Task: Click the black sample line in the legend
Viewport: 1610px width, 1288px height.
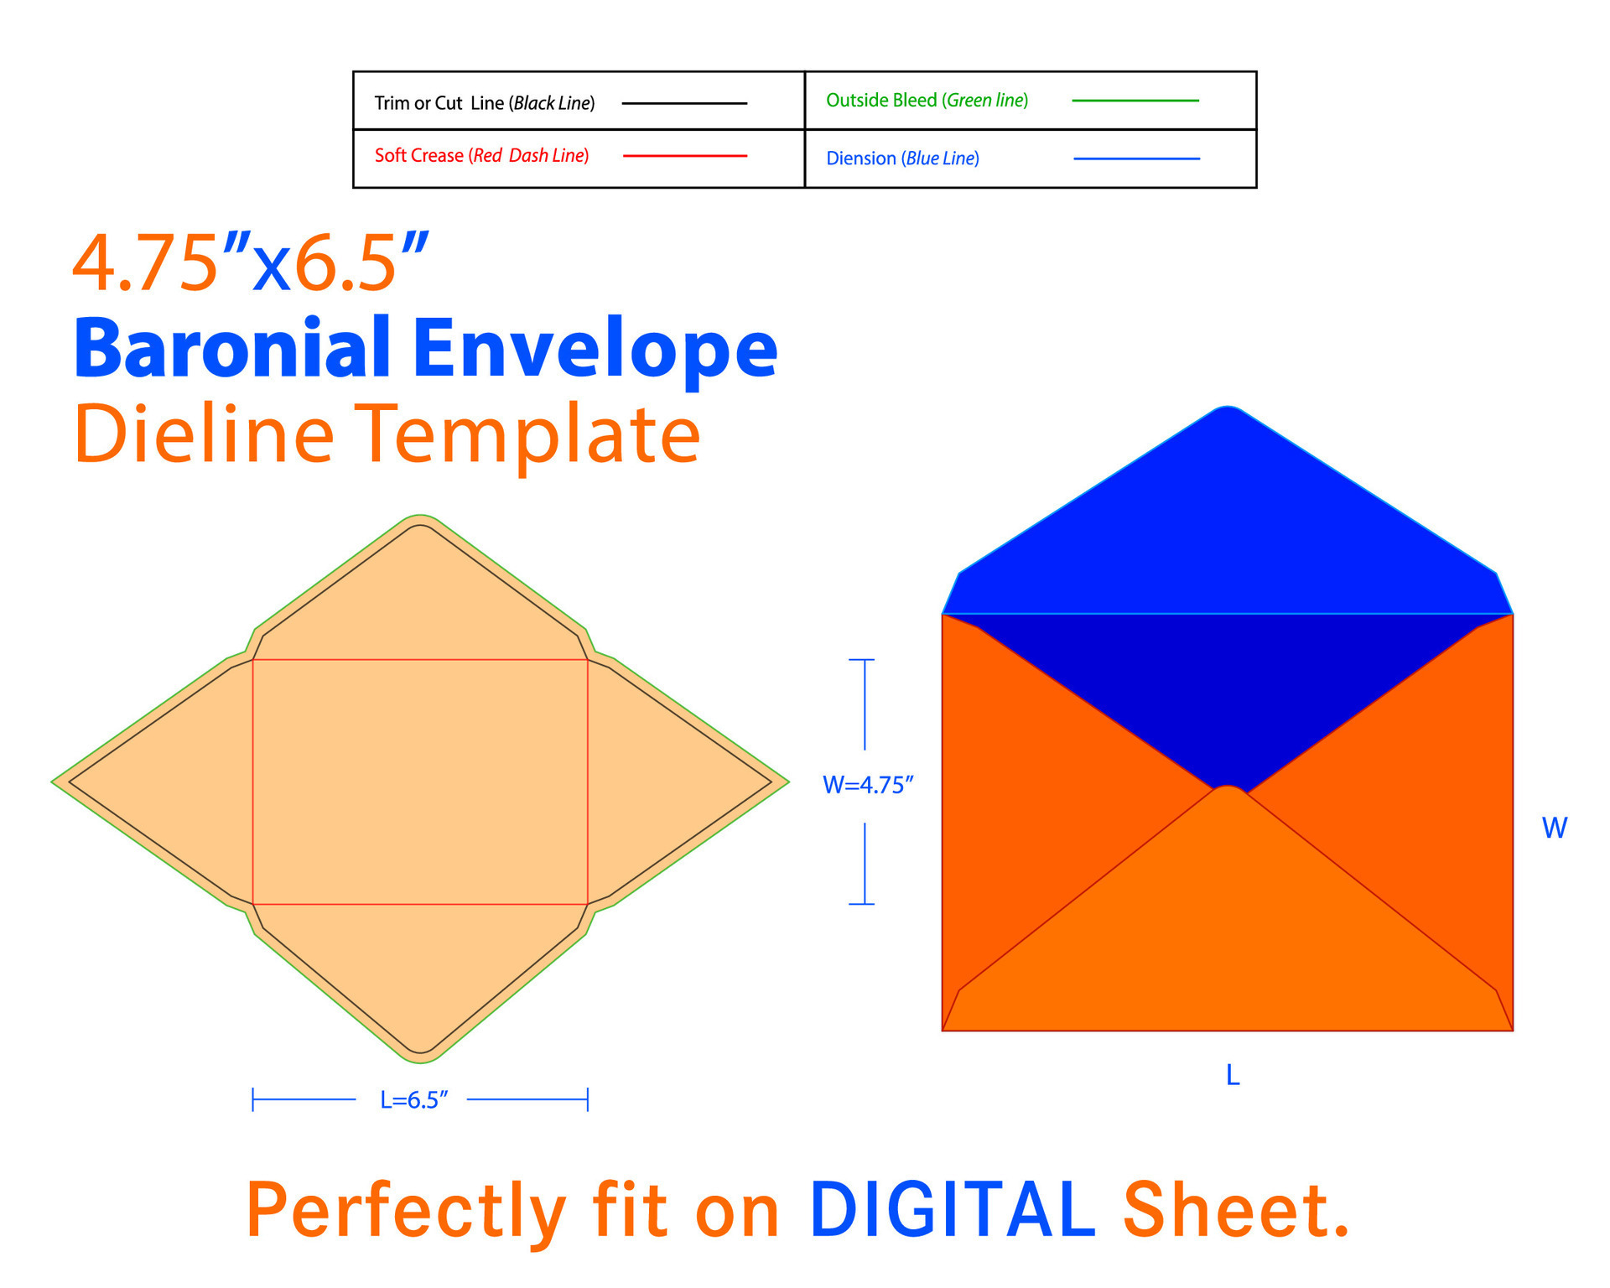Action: pos(684,103)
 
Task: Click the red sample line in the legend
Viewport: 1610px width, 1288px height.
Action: pos(685,156)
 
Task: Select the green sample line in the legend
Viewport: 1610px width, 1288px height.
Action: pos(1135,101)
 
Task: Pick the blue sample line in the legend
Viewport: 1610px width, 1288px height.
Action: pos(1136,158)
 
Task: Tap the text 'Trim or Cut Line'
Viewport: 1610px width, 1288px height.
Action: pos(439,103)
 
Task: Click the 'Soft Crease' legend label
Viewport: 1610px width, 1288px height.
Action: pos(418,156)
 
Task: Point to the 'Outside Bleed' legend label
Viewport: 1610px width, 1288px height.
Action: pos(881,101)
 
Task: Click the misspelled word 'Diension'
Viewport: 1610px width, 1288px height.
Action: pos(861,158)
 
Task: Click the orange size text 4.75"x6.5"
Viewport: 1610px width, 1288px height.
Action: pos(251,263)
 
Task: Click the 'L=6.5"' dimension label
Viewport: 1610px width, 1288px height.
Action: pos(414,1099)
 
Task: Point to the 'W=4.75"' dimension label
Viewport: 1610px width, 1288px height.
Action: pos(868,785)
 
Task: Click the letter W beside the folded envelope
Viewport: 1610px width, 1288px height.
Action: pos(1555,828)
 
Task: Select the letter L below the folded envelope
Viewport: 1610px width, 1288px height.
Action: pos(1233,1075)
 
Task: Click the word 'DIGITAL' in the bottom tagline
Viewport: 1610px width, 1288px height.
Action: pos(953,1209)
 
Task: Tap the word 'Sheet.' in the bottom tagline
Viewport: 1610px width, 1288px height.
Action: pos(1236,1209)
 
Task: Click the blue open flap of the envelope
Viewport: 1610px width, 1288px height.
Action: pos(1227,520)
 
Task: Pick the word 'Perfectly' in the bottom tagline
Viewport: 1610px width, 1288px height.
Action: pos(407,1213)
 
